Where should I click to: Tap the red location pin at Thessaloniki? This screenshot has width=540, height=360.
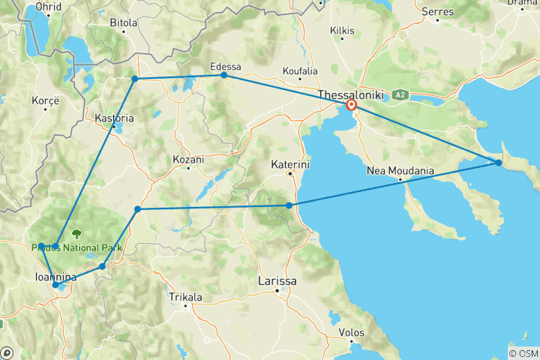pyautogui.click(x=351, y=106)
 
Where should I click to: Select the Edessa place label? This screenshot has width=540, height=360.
pyautogui.click(x=226, y=66)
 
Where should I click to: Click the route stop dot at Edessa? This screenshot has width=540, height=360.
pyautogui.click(x=223, y=76)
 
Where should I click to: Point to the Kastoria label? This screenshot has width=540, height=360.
pyautogui.click(x=114, y=118)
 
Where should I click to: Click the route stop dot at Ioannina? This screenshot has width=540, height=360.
pyautogui.click(x=55, y=285)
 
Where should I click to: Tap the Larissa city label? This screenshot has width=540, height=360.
pyautogui.click(x=277, y=280)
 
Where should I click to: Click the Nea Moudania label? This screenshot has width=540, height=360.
pyautogui.click(x=400, y=171)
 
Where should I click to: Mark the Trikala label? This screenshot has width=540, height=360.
pyautogui.click(x=185, y=297)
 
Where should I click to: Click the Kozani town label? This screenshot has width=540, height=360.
pyautogui.click(x=189, y=160)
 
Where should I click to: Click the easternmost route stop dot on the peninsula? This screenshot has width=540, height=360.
pyautogui.click(x=499, y=163)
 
